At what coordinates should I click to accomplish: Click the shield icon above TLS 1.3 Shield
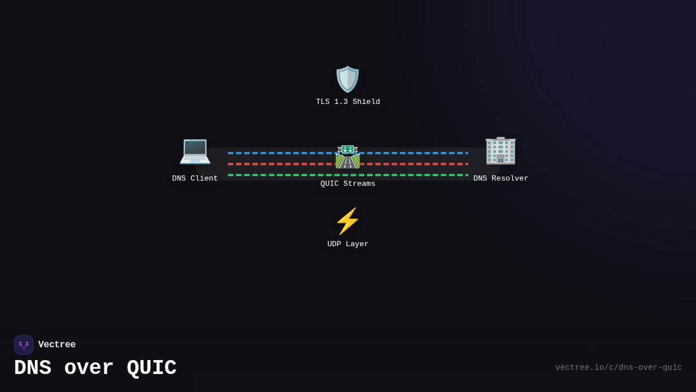(x=347, y=80)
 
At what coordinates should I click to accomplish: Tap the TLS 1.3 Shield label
(x=348, y=102)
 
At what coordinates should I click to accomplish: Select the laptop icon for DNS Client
(x=195, y=151)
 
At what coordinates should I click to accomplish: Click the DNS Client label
(x=195, y=179)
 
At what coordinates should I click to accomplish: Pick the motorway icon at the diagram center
(x=347, y=156)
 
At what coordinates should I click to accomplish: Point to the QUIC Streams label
(x=348, y=184)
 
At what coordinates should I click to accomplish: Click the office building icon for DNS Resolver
(x=501, y=151)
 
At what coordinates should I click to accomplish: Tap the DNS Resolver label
(x=501, y=179)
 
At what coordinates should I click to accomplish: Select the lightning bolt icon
(x=347, y=221)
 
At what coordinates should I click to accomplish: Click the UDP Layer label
(x=348, y=244)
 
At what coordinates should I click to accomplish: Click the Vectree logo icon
(x=24, y=345)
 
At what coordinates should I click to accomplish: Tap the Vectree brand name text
(x=57, y=345)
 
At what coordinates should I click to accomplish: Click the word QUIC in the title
(x=151, y=368)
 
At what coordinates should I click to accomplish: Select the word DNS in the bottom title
(x=32, y=368)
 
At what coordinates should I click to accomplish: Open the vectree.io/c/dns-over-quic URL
(x=618, y=368)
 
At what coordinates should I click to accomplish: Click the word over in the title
(x=89, y=368)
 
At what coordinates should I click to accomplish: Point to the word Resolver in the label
(x=510, y=179)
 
